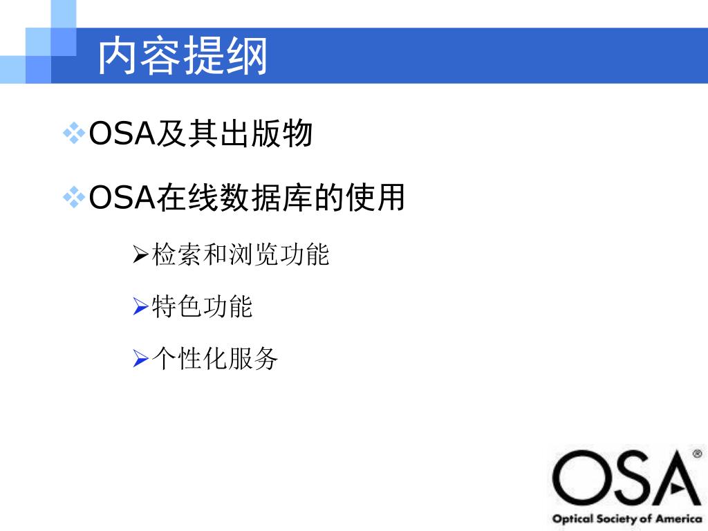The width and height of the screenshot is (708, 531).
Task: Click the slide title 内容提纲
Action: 183,56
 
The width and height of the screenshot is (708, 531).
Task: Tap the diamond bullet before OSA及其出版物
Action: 73,133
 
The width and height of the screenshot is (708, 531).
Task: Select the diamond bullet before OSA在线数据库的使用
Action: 73,198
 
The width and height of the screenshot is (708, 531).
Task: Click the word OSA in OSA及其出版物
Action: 121,133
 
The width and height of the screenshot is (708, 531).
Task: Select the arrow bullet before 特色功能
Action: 140,307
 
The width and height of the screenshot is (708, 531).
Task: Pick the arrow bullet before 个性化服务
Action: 140,359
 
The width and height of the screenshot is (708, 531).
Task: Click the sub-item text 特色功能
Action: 202,307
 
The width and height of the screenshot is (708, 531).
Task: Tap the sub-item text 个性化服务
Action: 214,359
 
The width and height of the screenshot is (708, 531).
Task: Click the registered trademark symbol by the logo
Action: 697,454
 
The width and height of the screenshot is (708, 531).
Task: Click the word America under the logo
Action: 679,519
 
